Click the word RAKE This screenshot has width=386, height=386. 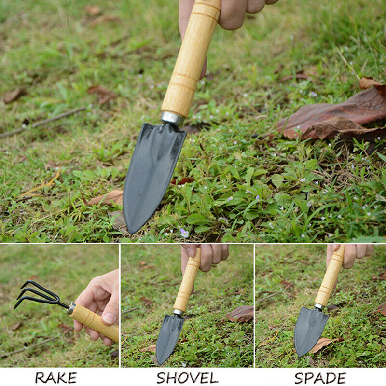click(55, 378)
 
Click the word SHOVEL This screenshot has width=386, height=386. click(187, 378)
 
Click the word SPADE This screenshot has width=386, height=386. click(320, 378)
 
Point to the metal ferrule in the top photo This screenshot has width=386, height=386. click(172, 118)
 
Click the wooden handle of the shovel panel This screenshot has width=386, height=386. click(187, 285)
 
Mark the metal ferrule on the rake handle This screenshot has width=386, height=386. click(71, 309)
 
